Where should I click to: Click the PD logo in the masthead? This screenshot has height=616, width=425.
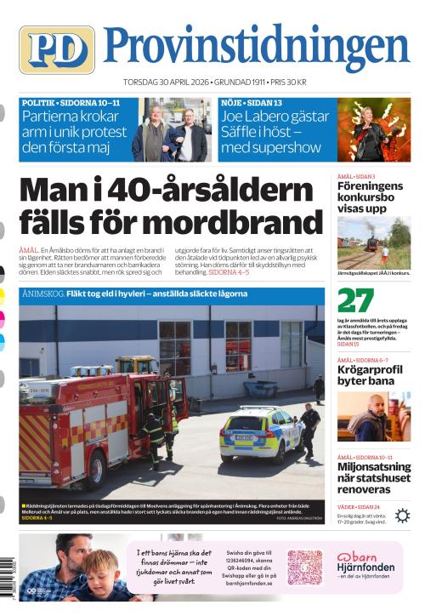click(x=57, y=49)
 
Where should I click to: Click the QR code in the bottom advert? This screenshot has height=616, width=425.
click(x=304, y=568)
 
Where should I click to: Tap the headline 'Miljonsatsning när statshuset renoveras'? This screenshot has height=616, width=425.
click(x=373, y=478)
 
